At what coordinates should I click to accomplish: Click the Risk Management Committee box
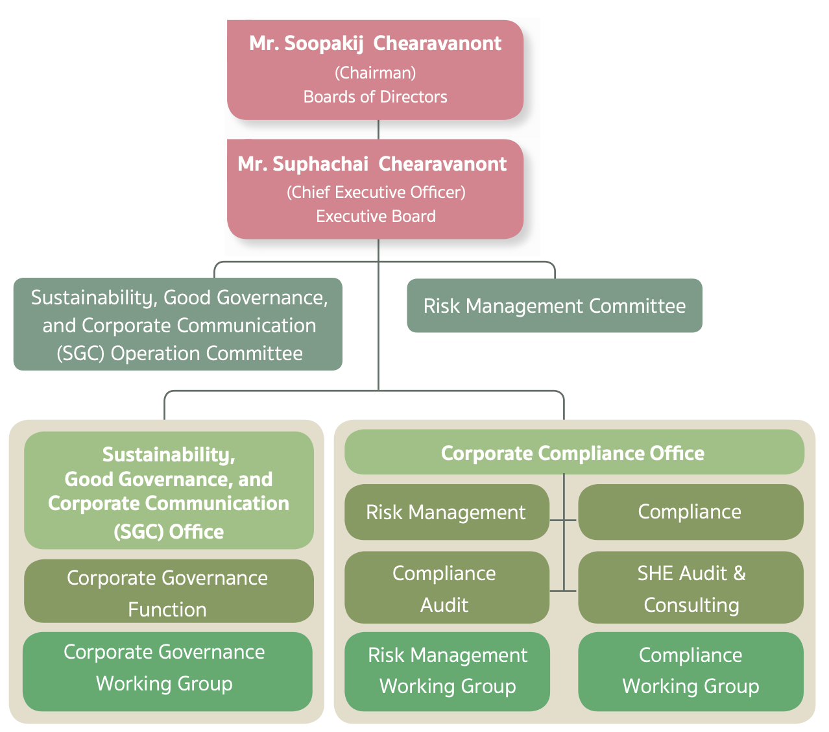point(554,306)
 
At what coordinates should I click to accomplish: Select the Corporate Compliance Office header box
point(573,452)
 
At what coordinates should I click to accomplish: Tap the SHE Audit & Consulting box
point(690,588)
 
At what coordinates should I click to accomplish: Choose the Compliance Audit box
point(446,588)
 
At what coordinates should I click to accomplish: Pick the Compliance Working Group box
point(690,671)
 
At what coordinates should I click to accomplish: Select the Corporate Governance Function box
point(168,592)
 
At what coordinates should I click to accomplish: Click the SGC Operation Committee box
point(178,324)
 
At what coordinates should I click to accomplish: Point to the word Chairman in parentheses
point(375,72)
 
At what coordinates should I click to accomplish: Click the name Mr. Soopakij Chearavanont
point(375,43)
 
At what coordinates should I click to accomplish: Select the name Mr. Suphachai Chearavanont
point(372,164)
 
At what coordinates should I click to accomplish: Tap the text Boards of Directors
point(375,97)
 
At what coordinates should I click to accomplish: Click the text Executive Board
point(376,216)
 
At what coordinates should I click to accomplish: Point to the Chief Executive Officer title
point(376,192)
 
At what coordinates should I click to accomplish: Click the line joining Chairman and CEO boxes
point(378,129)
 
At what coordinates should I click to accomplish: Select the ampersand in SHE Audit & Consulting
point(739,573)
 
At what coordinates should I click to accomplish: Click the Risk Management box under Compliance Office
point(446,512)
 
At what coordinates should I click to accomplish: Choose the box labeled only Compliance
point(690,512)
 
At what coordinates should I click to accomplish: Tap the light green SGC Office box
point(169,491)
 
